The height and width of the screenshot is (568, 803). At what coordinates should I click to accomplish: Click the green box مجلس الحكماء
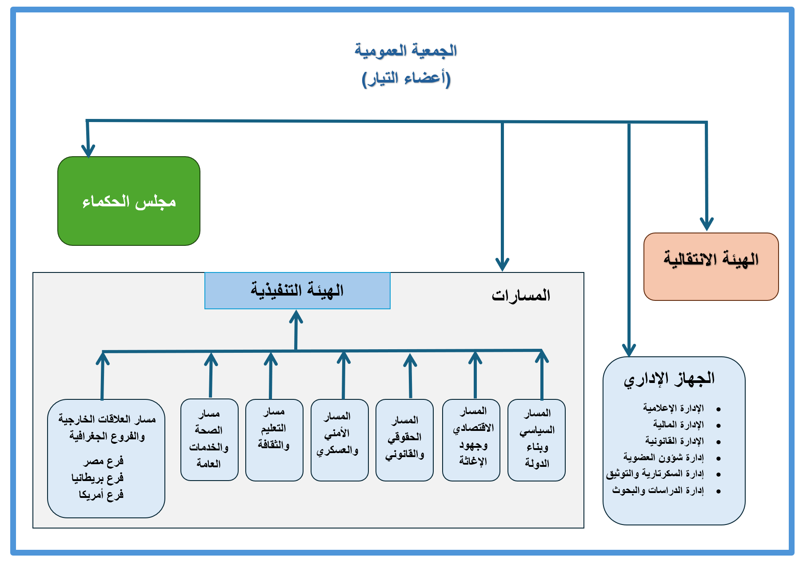pos(129,201)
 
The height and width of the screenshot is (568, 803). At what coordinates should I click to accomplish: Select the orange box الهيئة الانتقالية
pos(711,266)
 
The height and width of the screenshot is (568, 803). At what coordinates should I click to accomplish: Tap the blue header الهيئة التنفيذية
pos(297,291)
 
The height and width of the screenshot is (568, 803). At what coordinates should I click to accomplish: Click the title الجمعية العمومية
pos(406,50)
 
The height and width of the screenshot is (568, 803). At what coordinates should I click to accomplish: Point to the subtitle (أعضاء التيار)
pos(406,79)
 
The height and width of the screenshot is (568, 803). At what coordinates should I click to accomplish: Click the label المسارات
pos(521,295)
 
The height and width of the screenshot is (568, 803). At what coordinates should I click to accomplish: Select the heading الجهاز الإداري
pos(669,379)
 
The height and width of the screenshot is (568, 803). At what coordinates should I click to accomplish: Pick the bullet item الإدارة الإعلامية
pos(673,408)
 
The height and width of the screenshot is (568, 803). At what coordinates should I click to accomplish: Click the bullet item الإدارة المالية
pos(678,425)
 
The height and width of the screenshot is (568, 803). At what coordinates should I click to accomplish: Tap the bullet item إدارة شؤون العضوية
pos(663,457)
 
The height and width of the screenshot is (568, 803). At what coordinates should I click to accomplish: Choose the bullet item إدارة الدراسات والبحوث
pos(658,490)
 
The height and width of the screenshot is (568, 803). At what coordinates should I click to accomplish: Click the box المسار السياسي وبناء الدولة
pos(536,439)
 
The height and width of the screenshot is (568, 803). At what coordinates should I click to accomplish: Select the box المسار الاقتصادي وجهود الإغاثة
pos(471,439)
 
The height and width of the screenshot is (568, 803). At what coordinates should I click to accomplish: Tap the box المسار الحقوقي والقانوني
pos(404,439)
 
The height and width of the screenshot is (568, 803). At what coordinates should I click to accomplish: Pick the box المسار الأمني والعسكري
pos(340,439)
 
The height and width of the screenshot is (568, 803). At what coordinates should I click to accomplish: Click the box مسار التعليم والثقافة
pos(274,439)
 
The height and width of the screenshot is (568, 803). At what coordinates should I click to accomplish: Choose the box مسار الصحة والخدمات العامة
pos(209,439)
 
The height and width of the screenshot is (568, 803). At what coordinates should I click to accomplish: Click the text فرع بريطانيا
pos(98,478)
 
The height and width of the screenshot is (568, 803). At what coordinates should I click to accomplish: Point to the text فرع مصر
pos(104,461)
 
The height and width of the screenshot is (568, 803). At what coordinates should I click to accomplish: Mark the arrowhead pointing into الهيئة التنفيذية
pos(296,316)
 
